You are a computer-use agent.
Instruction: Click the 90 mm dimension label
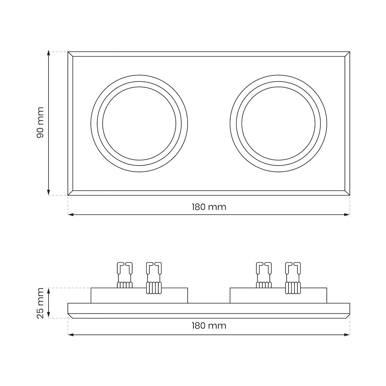pos(40,122)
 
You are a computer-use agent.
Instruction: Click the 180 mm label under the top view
pos(209,207)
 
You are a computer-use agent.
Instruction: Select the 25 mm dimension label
pos(40,303)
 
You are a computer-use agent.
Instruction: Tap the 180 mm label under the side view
pos(209,326)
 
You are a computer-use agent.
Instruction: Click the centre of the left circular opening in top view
pos(139,123)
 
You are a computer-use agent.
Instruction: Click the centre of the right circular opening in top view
pos(278,123)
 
